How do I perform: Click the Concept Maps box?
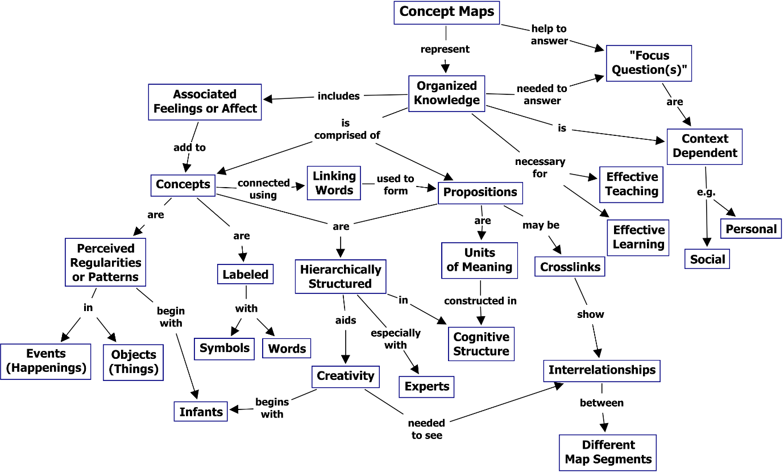(447, 13)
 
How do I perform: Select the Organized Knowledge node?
(447, 93)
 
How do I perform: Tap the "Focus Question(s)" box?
(649, 63)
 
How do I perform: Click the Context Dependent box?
(704, 146)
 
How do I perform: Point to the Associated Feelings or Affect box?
(205, 102)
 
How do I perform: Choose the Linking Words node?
(334, 183)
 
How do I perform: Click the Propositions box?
(480, 192)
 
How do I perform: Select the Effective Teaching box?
(632, 184)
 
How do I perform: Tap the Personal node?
(751, 229)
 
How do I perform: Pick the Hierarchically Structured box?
(341, 276)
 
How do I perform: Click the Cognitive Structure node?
(481, 344)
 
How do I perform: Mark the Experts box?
(427, 387)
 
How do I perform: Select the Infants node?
(201, 412)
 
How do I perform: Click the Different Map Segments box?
(608, 452)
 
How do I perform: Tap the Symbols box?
(225, 348)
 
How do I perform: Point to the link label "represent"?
(445, 49)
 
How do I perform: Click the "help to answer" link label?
(549, 35)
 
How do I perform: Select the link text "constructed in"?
(480, 301)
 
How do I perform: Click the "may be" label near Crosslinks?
(541, 225)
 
